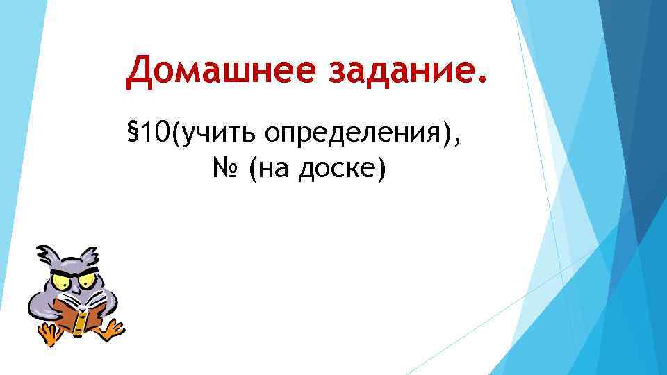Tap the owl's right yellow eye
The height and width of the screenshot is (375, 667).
pyautogui.click(x=88, y=280)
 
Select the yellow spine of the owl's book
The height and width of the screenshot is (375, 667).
pyautogui.click(x=81, y=320)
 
